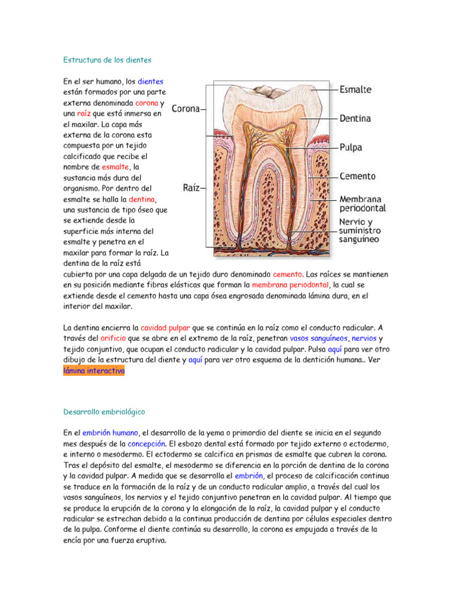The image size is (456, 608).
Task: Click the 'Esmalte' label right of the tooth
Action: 355,90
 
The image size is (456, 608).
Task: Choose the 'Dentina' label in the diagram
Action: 355,119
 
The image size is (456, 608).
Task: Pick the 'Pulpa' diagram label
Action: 351,147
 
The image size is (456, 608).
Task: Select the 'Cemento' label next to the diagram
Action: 357,177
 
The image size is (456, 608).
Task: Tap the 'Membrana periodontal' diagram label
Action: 362,204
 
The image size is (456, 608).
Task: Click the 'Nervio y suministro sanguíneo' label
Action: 360,230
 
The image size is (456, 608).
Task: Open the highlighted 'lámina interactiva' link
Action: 94,370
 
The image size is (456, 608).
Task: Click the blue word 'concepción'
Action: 147,444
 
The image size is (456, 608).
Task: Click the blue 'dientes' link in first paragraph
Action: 150,81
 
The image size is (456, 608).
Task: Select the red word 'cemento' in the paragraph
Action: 287,274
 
